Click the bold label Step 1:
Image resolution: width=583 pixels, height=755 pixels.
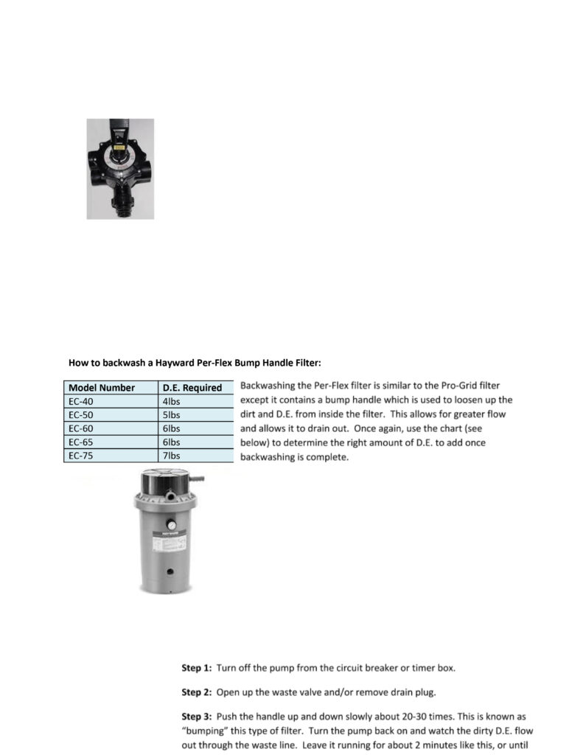pos(197,668)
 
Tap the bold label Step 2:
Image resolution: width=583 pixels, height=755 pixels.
pos(197,692)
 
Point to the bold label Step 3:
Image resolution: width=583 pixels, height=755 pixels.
pos(197,716)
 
